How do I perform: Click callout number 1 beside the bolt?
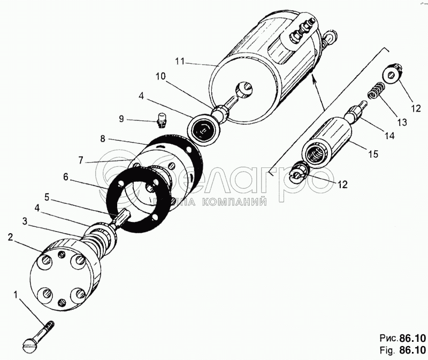16,294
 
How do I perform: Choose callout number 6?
66,175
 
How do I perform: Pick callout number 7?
81,160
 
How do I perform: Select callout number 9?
121,118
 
